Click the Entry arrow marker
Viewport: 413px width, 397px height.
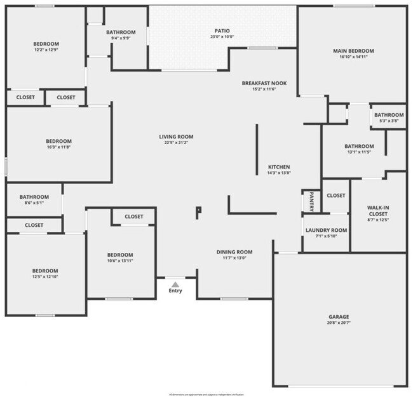pos(175,285)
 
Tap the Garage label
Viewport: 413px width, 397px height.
pos(339,317)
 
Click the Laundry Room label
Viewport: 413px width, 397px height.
pos(326,230)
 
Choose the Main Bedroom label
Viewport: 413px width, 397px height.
pos(353,51)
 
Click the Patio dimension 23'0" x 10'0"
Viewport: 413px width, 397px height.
pos(222,37)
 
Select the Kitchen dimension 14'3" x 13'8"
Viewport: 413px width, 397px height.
pos(279,173)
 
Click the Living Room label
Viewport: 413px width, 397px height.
pos(176,137)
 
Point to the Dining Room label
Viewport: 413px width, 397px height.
pos(234,252)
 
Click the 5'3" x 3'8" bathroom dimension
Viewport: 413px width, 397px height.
pos(388,121)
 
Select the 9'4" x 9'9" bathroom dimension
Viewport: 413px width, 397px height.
pos(121,38)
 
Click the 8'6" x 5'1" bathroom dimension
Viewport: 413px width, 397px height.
pos(34,203)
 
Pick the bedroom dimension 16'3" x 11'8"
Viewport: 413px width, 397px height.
pos(58,147)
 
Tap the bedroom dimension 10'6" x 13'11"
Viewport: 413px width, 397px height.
pos(120,260)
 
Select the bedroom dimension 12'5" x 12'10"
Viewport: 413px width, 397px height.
pos(45,276)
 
